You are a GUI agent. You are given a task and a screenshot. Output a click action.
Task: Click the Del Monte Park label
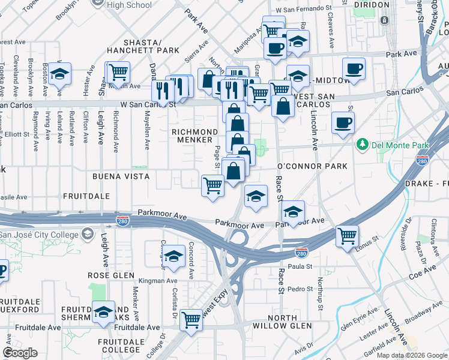(392, 145)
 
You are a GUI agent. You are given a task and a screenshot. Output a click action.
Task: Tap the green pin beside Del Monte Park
(362, 145)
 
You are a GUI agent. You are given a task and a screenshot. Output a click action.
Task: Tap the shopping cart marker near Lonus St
(347, 236)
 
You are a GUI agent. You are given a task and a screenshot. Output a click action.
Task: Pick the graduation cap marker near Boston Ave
(59, 73)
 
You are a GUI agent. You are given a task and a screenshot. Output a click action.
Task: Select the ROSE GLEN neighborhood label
(107, 275)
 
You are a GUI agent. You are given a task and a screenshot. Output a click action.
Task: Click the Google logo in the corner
(20, 353)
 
